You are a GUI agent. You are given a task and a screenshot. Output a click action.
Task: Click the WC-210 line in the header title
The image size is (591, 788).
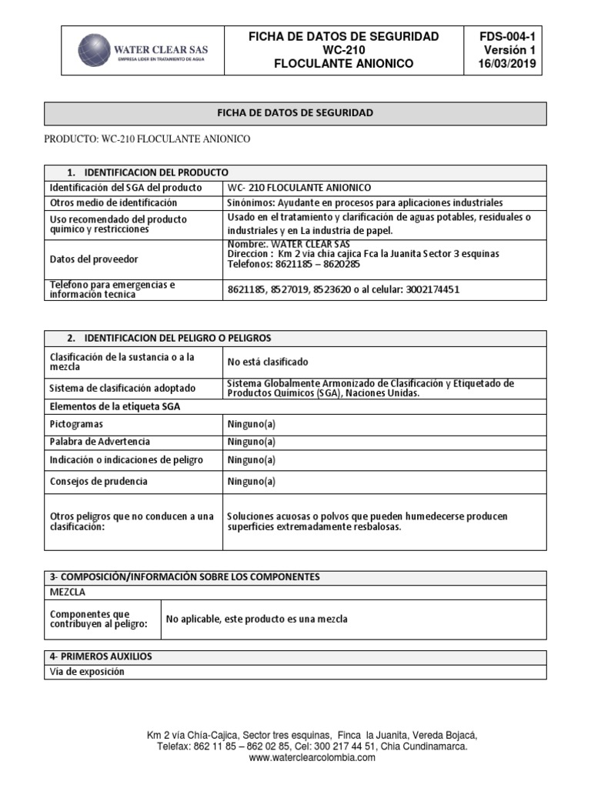pos(343,50)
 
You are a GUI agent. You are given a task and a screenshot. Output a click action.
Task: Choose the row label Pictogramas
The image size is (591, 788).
pos(77,424)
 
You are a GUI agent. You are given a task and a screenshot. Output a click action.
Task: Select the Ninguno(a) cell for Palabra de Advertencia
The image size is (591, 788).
pos(251,442)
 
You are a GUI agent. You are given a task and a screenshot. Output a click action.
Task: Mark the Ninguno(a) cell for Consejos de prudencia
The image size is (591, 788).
pos(251,481)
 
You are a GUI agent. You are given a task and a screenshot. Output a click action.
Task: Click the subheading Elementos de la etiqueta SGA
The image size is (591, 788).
pos(115,406)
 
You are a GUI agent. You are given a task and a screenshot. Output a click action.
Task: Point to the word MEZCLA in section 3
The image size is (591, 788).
pos(68,593)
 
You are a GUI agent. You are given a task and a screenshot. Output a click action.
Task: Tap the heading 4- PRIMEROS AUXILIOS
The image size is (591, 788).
pos(101,656)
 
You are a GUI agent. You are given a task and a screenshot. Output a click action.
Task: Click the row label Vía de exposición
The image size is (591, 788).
pos(87,672)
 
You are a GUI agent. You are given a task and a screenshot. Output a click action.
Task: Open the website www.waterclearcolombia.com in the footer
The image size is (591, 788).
pos(312,757)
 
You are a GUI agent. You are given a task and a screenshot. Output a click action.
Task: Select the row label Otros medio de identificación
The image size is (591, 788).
pos(113,202)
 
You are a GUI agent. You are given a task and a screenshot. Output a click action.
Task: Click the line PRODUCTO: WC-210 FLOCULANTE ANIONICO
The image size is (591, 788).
pos(147,139)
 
